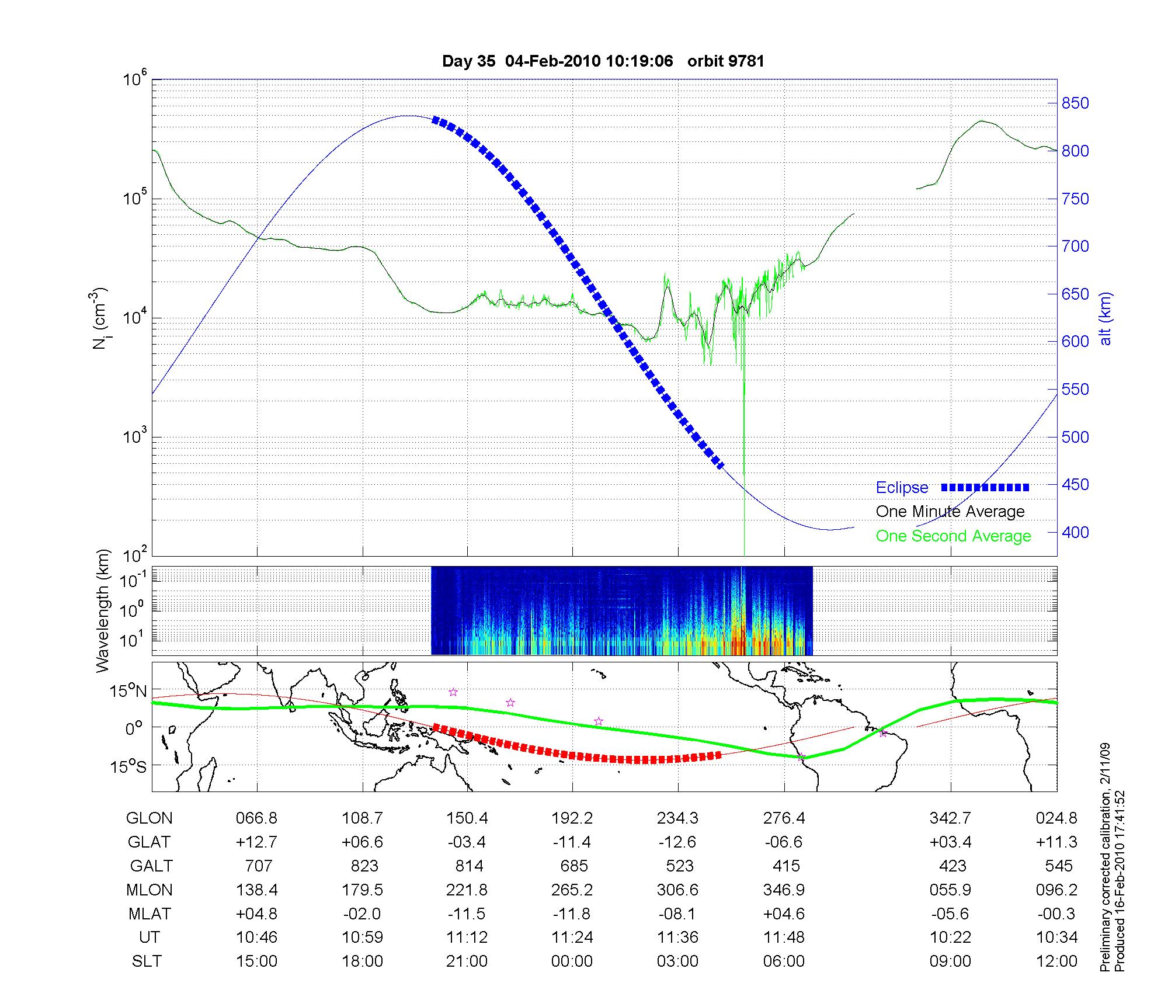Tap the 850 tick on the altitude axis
coord(1075,103)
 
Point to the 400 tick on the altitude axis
coord(1075,532)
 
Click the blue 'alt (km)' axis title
coord(1105,318)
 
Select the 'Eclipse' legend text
coord(902,488)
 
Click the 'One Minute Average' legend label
coord(950,512)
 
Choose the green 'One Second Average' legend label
coord(953,536)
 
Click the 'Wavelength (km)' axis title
coord(103,611)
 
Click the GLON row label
coord(149,818)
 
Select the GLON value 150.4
coord(467,818)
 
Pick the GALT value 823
coord(364,866)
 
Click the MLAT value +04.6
coord(784,914)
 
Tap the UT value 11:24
coord(572,938)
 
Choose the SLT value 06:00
coord(784,961)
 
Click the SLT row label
coord(147,961)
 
